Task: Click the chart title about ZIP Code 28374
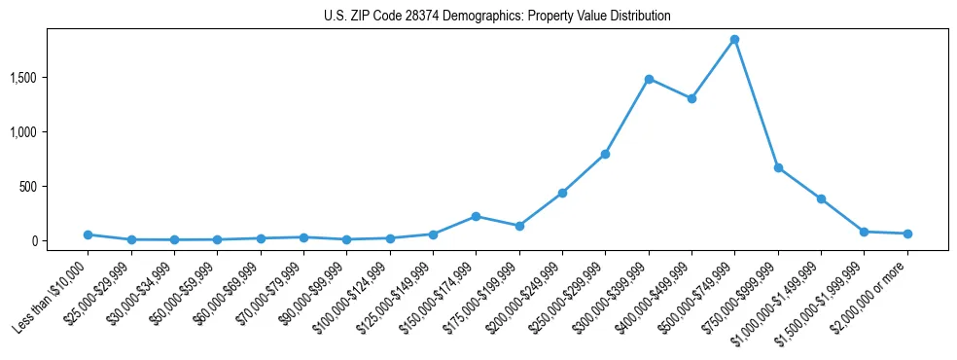[x=497, y=17]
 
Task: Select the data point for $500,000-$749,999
[x=734, y=40]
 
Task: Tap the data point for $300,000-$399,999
[x=649, y=79]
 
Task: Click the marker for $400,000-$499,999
[x=691, y=98]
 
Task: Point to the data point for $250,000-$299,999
[x=605, y=154]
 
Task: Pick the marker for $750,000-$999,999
[x=778, y=167]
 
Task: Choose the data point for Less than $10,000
[x=88, y=234]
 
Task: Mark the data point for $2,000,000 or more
[x=907, y=234]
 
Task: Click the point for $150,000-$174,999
[x=476, y=216]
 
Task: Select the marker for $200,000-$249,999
[x=562, y=193]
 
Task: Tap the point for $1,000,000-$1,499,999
[x=821, y=198]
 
